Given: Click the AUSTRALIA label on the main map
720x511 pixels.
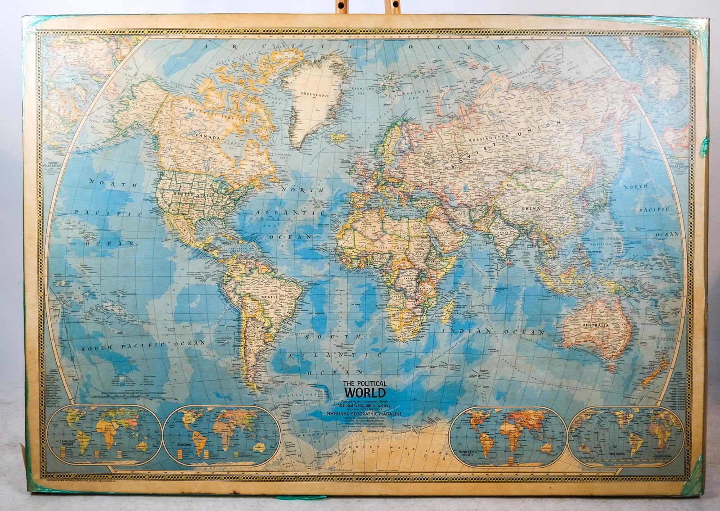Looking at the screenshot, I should click(595, 325).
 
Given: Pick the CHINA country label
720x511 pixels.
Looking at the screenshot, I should click(531, 209).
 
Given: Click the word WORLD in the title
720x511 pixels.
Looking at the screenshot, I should click(365, 393).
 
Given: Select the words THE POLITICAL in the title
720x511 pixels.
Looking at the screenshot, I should click(365, 383).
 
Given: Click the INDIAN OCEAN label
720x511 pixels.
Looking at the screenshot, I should click(493, 331).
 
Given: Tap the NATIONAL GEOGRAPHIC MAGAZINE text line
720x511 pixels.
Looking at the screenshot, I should click(364, 414).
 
